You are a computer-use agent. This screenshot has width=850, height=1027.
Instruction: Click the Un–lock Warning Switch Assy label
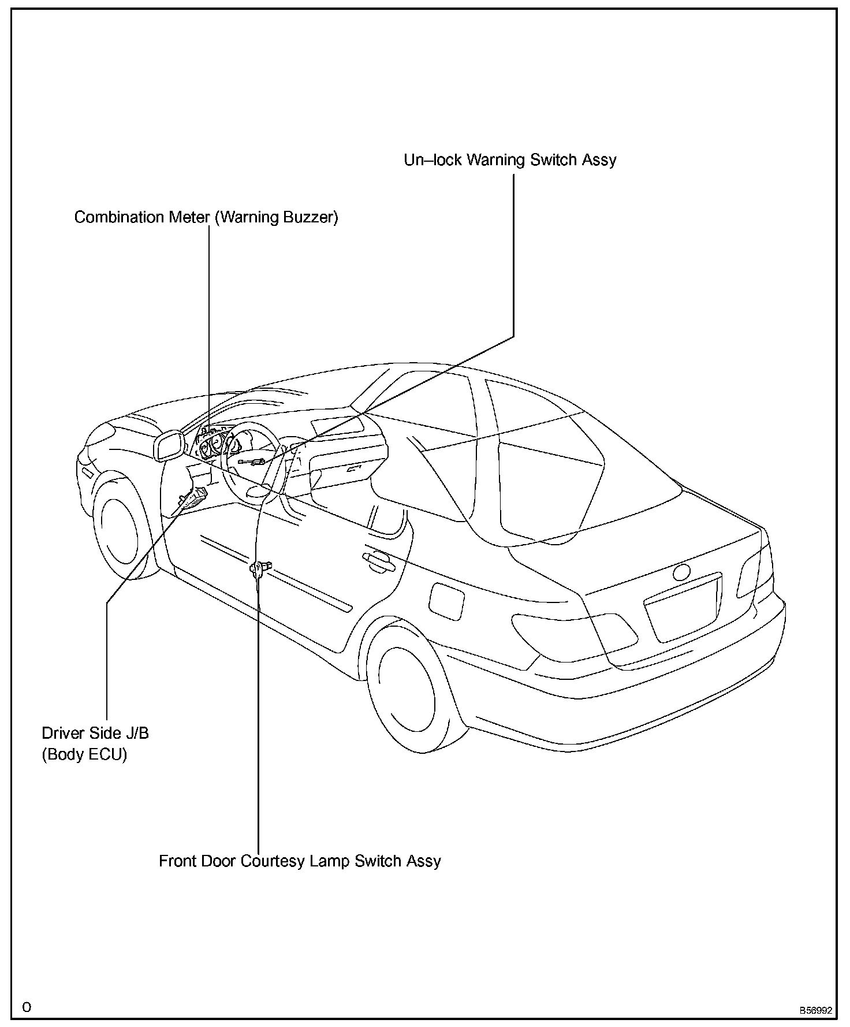pyautogui.click(x=510, y=160)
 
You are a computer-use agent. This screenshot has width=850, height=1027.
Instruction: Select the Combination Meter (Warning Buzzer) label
pyautogui.click(x=206, y=217)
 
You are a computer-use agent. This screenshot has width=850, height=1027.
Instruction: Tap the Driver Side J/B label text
pyautogui.click(x=95, y=733)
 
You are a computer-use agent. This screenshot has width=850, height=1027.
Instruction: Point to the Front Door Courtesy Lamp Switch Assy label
pyautogui.click(x=300, y=861)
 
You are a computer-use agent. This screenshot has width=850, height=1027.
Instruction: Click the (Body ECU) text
pyautogui.click(x=84, y=754)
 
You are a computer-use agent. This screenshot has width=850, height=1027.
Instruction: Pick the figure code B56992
pyautogui.click(x=815, y=1010)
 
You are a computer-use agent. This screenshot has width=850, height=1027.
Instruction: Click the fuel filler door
pyautogui.click(x=447, y=601)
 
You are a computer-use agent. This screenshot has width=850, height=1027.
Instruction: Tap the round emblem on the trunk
pyautogui.click(x=681, y=572)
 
